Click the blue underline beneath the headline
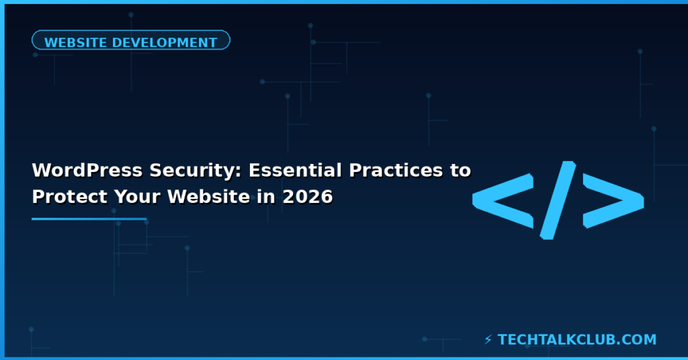click(x=89, y=218)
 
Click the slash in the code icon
click(x=558, y=199)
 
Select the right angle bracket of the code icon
click(x=613, y=199)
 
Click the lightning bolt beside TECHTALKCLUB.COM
click(x=488, y=340)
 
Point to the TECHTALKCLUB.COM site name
click(x=577, y=340)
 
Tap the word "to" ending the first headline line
click(x=460, y=171)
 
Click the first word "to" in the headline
click(x=460, y=171)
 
